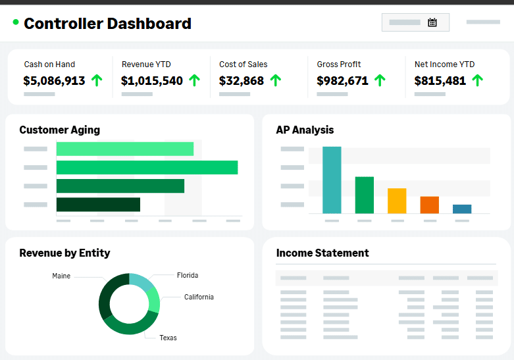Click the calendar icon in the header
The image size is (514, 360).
pyautogui.click(x=432, y=22)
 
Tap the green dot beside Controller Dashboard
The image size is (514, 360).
pyautogui.click(x=16, y=22)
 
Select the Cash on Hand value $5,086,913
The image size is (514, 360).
pyautogui.click(x=54, y=81)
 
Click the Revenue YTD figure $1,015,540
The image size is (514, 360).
pyautogui.click(x=152, y=81)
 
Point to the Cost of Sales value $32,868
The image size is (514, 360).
pyautogui.click(x=242, y=81)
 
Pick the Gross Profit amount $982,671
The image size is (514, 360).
pyautogui.click(x=342, y=81)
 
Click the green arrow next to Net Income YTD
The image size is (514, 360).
pyautogui.click(x=477, y=80)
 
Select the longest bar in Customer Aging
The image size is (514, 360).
pyautogui.click(x=147, y=168)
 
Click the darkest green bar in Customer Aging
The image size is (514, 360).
pyautogui.click(x=98, y=205)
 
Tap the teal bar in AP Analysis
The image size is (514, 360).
pyautogui.click(x=332, y=180)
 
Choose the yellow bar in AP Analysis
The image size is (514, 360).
pyautogui.click(x=397, y=201)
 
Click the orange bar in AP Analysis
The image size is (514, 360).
pyautogui.click(x=429, y=205)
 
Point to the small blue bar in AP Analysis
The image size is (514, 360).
pyautogui.click(x=462, y=209)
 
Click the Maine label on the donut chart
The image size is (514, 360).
pyautogui.click(x=61, y=276)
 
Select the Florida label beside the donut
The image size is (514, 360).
pyautogui.click(x=188, y=275)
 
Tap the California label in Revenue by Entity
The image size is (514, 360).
pyautogui.click(x=199, y=297)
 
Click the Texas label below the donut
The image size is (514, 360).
pyautogui.click(x=168, y=338)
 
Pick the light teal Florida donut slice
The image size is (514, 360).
pyautogui.click(x=141, y=281)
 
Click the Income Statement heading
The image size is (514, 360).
pyautogui.click(x=322, y=253)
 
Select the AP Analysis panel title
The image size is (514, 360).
pyautogui.click(x=305, y=130)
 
